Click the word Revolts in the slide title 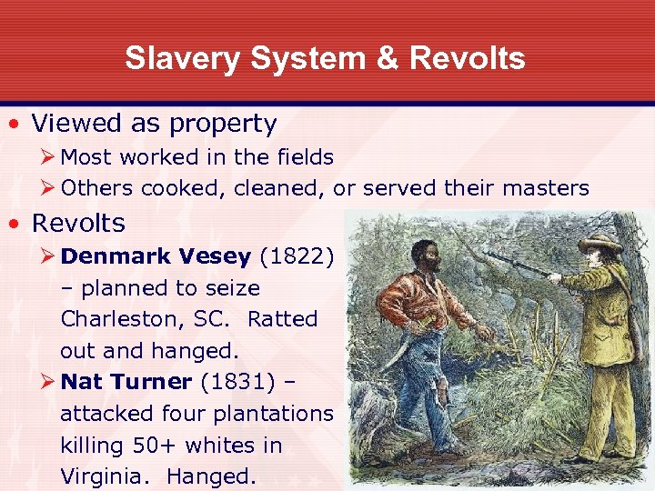tap(467, 58)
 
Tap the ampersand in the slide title tap(388, 58)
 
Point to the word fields tap(304, 157)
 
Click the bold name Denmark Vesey tap(155, 256)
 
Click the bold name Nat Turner tap(126, 382)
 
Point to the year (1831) tap(238, 382)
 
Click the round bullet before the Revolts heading tap(15, 224)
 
